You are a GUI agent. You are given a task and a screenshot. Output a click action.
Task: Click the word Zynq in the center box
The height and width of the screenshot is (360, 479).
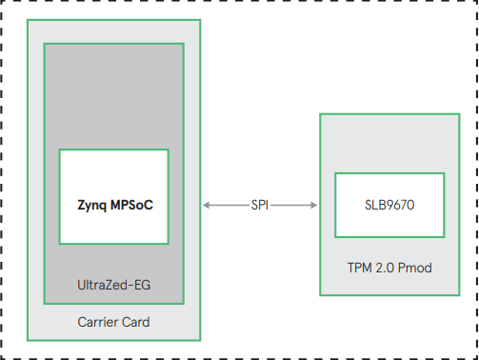[93, 204]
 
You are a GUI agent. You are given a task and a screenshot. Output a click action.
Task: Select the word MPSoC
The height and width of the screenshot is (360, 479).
[132, 204]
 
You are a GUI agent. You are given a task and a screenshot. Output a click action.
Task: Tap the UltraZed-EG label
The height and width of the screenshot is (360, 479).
[113, 285]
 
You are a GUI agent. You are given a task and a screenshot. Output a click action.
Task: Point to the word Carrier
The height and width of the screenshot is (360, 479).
[98, 323]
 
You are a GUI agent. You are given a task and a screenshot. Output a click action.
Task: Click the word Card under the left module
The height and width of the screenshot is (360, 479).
[135, 323]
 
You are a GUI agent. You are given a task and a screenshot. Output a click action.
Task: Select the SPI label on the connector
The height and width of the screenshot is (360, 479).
[260, 204]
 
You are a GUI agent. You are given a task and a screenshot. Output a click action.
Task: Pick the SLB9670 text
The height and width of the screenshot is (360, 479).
[389, 204]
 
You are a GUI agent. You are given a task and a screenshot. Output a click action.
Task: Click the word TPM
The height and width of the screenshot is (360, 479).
[359, 269]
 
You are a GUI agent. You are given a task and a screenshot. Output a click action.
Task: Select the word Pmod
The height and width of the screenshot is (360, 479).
[415, 269]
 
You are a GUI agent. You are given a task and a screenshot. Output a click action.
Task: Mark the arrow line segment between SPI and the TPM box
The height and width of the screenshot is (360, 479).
[293, 204]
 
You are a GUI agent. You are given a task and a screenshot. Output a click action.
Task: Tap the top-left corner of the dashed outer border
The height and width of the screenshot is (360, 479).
[3, 3]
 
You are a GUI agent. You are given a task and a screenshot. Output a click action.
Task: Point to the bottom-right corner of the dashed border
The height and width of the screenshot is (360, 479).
[476, 357]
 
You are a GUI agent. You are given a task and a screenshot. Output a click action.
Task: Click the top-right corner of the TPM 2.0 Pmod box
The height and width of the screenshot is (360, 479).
[461, 115]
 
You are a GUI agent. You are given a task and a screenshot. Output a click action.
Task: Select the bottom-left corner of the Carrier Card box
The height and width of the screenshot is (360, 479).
[28, 339]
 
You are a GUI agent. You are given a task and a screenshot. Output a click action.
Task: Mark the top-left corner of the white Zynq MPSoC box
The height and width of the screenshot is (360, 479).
[60, 150]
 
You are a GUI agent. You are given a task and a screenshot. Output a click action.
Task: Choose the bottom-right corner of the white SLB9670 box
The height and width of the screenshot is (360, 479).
[443, 236]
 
